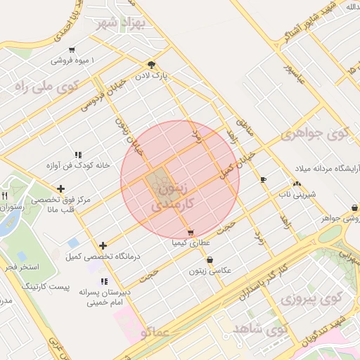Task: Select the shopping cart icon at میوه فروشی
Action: [72, 50]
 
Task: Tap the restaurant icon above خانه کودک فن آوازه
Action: [78, 154]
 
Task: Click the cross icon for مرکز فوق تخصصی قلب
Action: [61, 188]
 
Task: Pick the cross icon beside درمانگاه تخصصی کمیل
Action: [103, 245]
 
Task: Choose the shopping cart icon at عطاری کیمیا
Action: [191, 233]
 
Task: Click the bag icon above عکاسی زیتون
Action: [209, 259]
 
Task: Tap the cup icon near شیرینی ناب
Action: [264, 180]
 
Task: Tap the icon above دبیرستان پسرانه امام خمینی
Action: [104, 282]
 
